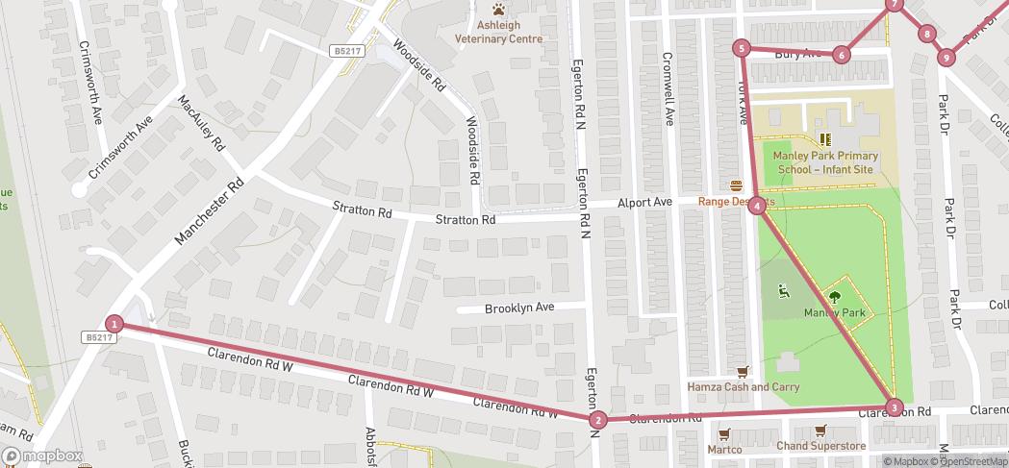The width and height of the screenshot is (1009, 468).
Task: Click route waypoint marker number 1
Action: tap(114, 324)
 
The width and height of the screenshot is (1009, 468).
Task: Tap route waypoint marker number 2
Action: tap(598, 419)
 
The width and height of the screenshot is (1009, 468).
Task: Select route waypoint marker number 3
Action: tap(894, 407)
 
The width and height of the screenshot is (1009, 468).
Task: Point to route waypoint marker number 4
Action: tap(758, 205)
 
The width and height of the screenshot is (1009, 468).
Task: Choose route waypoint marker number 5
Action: tap(741, 48)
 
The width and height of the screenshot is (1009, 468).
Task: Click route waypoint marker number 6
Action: tap(842, 55)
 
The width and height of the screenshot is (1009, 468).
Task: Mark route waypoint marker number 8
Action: tap(926, 35)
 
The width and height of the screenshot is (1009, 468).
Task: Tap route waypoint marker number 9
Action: tap(946, 58)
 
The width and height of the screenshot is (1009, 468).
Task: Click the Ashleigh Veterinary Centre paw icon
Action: tap(497, 9)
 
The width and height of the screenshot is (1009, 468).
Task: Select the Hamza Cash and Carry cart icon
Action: tap(742, 371)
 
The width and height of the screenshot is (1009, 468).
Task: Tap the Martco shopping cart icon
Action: tap(724, 432)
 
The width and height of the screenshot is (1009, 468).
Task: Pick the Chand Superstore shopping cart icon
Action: tap(820, 431)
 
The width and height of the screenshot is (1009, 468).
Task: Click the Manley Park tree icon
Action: tap(835, 297)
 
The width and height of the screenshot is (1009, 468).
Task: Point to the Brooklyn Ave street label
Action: tap(519, 308)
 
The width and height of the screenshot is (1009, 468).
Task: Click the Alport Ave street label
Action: tap(644, 203)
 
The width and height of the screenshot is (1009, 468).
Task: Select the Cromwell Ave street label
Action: tap(668, 87)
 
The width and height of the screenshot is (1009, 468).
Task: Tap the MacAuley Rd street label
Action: tap(201, 123)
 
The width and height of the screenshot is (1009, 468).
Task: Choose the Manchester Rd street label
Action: tap(211, 210)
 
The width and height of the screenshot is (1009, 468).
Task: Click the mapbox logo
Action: tap(43, 456)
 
